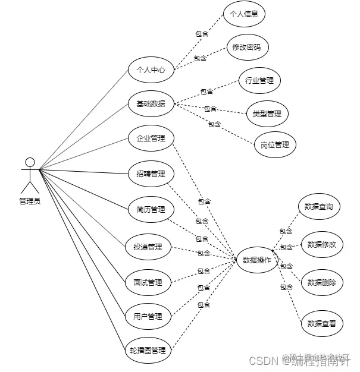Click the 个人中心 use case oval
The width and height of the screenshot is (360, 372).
[151, 70]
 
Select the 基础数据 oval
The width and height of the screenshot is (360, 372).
[151, 104]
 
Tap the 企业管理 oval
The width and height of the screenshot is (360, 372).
[151, 138]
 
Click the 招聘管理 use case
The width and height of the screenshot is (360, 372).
[151, 174]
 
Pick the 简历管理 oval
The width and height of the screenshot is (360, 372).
[151, 209]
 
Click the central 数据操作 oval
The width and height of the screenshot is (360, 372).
[257, 260]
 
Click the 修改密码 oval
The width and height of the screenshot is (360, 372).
[248, 47]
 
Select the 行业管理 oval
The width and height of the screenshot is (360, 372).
[259, 80]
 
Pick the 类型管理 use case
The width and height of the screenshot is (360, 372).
[267, 113]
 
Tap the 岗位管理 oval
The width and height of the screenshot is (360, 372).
[274, 145]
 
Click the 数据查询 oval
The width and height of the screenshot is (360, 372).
[319, 207]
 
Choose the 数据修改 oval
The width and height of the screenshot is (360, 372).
[322, 244]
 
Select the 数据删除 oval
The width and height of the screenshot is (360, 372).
[322, 282]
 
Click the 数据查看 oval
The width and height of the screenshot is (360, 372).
[322, 323]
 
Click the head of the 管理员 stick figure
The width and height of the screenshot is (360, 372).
[30, 162]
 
